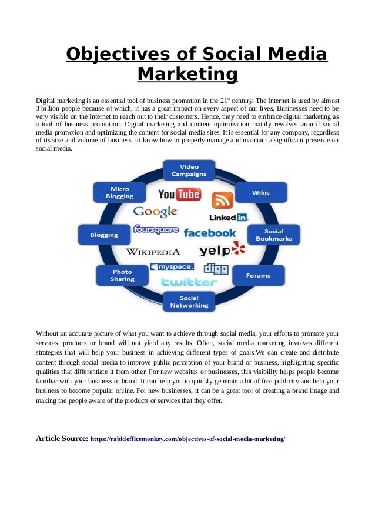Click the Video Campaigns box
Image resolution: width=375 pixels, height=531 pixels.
[x=189, y=171]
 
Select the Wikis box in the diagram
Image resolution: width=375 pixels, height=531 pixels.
[x=261, y=192]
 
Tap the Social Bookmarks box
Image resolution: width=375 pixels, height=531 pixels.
[x=274, y=235]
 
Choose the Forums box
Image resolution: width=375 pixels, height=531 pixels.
[x=259, y=275]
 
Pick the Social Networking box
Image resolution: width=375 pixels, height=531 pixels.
[x=189, y=302]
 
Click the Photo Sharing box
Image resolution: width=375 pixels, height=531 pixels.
[x=122, y=275]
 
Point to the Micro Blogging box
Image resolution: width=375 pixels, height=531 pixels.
[x=119, y=192]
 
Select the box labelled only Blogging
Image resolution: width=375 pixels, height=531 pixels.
[x=104, y=235]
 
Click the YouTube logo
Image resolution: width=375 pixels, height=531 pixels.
[x=179, y=194]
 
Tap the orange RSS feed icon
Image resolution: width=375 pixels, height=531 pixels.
[x=222, y=201]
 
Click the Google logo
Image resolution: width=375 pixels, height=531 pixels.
[x=155, y=212]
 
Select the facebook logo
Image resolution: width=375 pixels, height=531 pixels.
[x=210, y=233]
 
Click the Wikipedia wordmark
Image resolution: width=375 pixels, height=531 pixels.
[x=153, y=252]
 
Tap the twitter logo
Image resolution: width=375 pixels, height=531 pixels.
[x=189, y=282]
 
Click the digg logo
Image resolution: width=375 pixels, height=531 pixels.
[x=216, y=268]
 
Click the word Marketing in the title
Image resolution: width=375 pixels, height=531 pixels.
[x=187, y=75]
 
